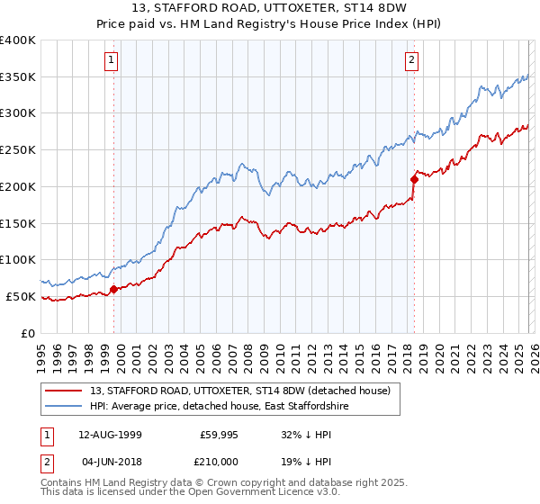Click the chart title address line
269,8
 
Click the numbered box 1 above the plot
112,60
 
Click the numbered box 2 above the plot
411,60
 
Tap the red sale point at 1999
114,289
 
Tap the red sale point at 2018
414,179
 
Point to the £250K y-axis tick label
18,150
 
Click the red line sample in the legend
63,391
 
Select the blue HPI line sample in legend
63,407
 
